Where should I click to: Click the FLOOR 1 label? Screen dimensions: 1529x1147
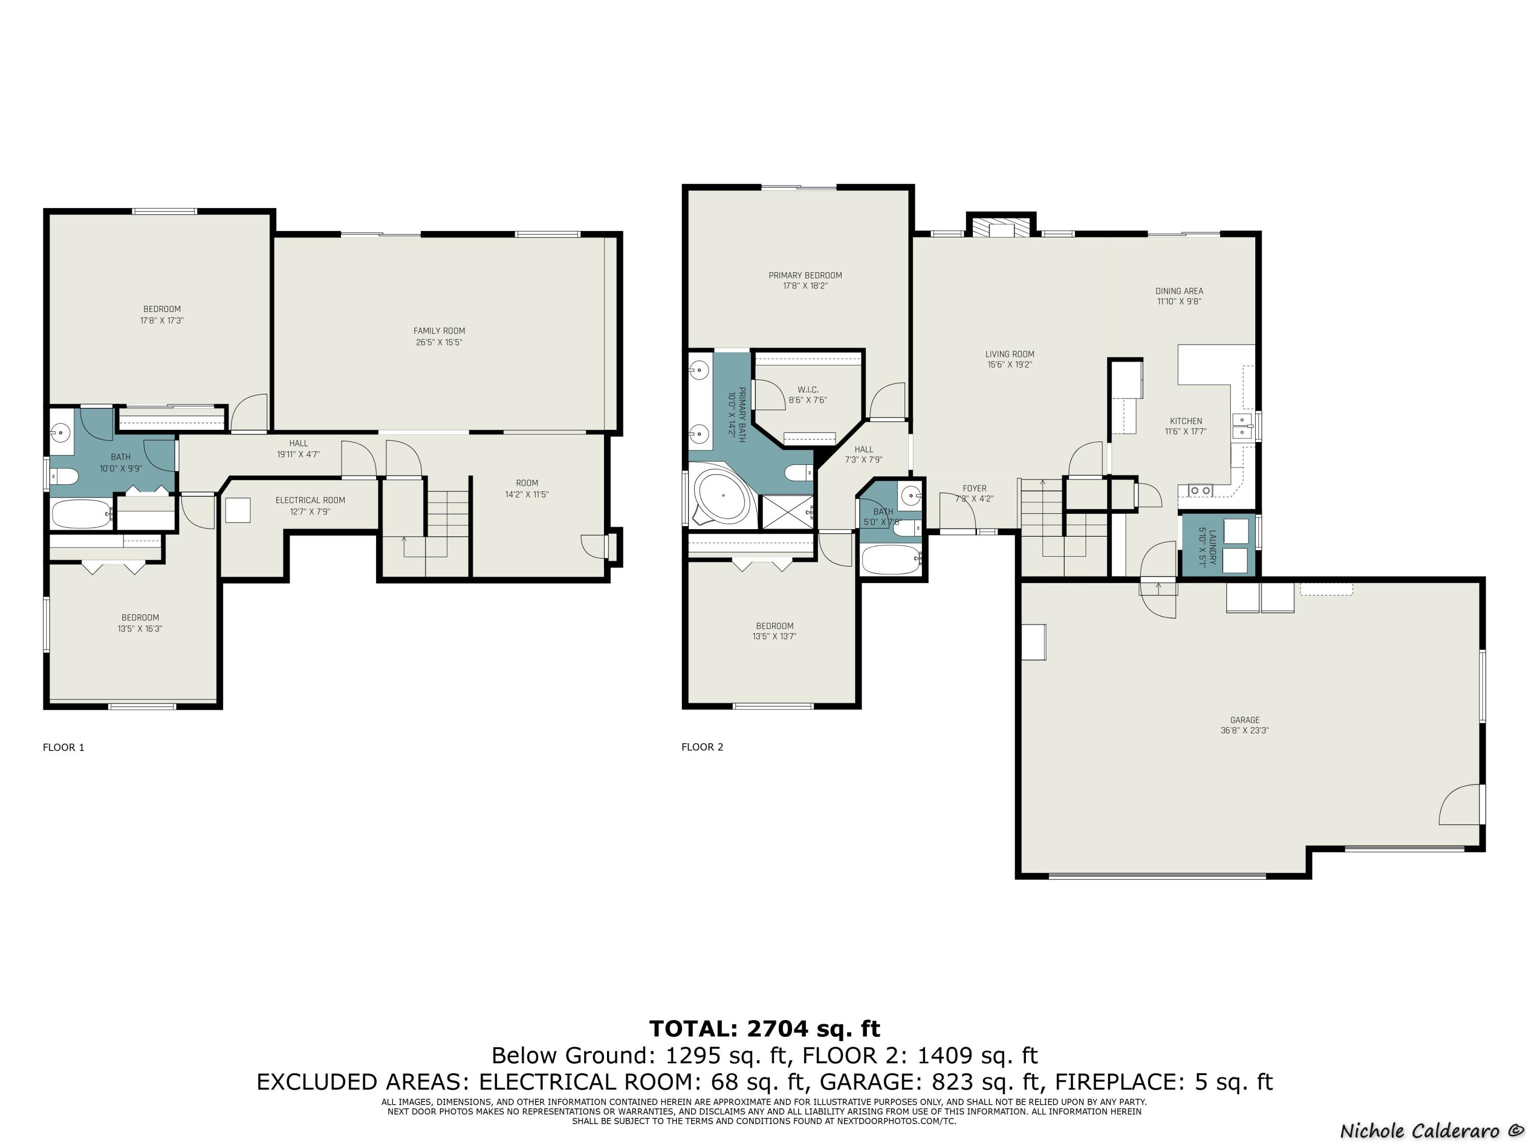tap(64, 747)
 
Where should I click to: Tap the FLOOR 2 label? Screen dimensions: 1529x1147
tap(702, 747)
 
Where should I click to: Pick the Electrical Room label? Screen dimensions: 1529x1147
tap(310, 500)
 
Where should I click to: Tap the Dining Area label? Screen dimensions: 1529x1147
tap(1179, 291)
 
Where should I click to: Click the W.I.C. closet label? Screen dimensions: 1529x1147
tap(808, 390)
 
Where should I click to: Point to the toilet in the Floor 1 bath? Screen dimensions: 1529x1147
tap(65, 476)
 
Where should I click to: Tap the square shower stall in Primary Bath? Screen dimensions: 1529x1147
tap(786, 512)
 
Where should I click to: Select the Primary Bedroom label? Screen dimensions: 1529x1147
tap(805, 275)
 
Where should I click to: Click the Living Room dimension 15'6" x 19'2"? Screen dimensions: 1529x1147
tap(1010, 364)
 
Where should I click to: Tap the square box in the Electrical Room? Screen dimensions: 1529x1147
tap(238, 510)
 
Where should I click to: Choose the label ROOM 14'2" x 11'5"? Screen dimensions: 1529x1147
tap(526, 489)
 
